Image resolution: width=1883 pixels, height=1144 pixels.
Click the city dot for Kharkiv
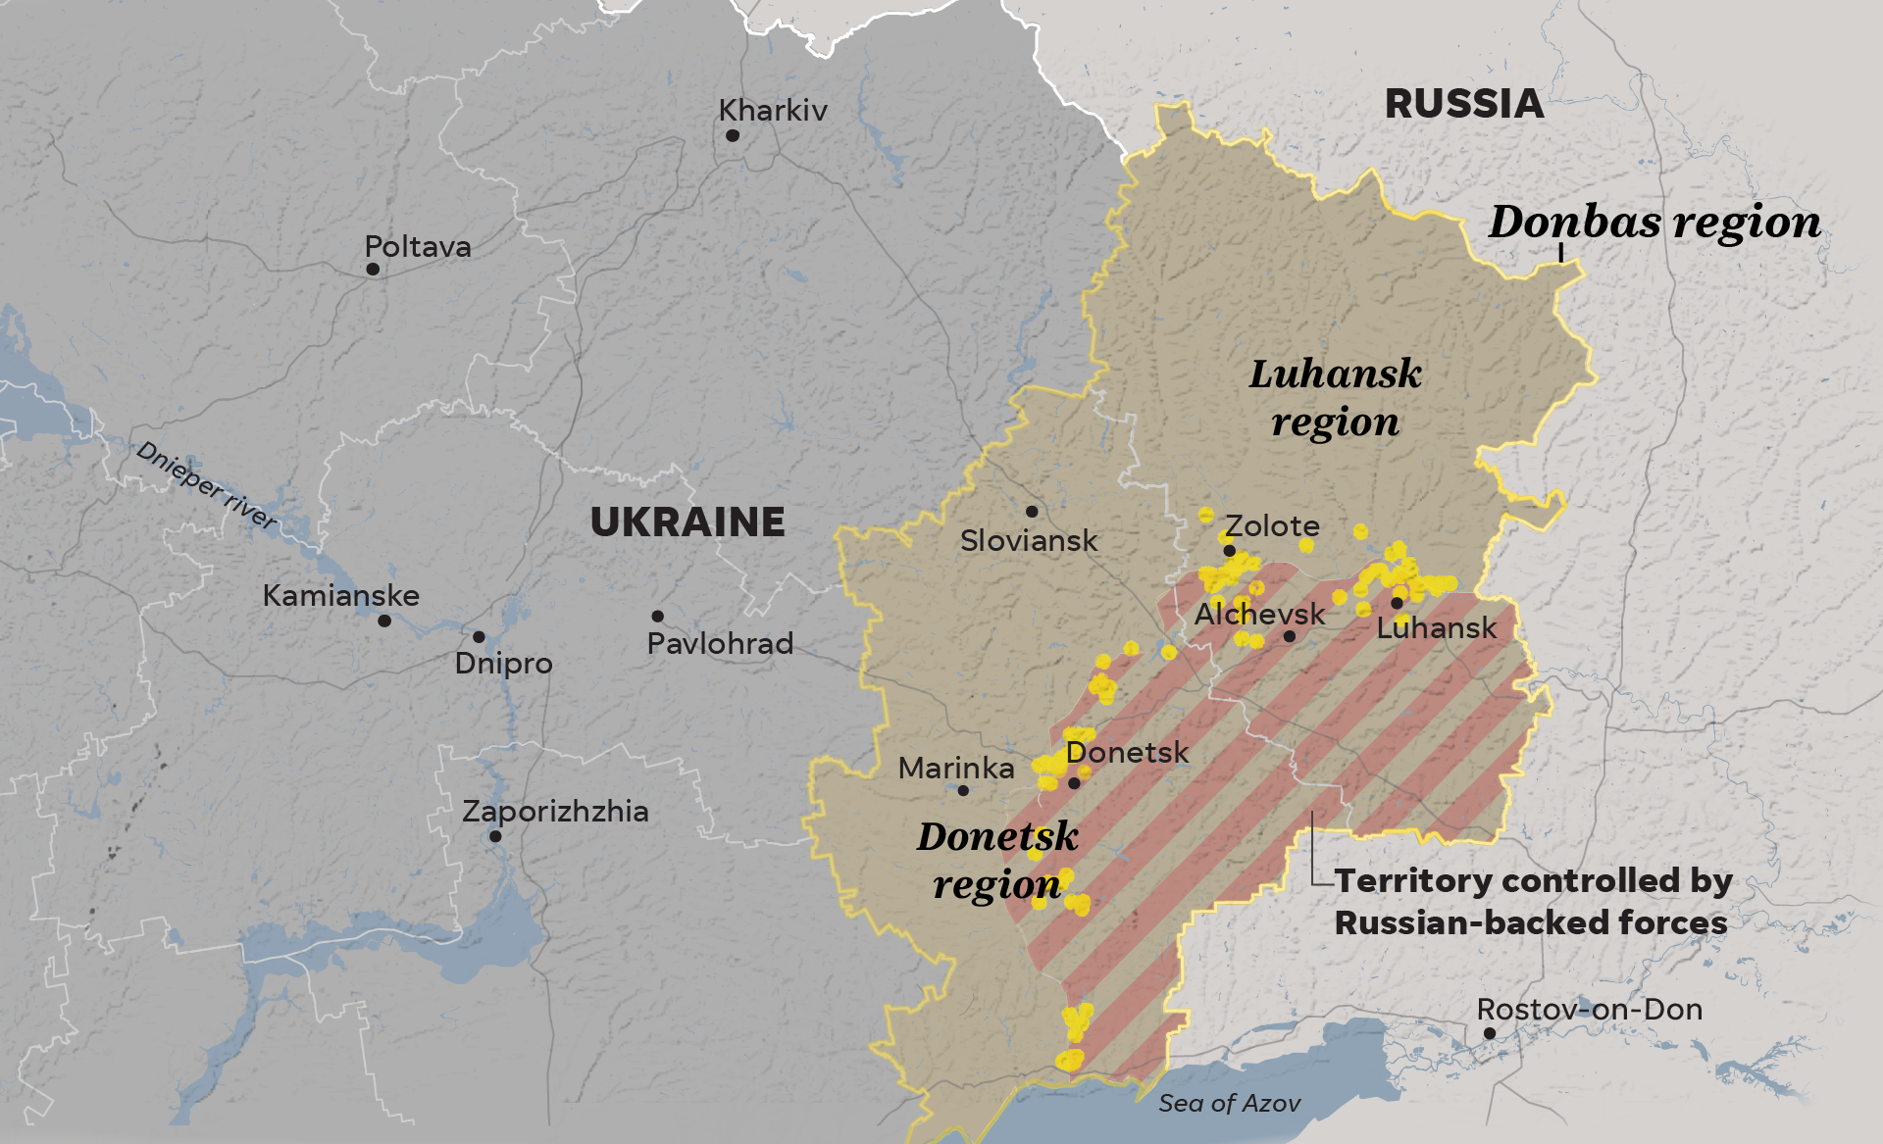tap(733, 135)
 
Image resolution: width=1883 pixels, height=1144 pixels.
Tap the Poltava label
tap(418, 246)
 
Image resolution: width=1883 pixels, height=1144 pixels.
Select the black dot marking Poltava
tap(373, 269)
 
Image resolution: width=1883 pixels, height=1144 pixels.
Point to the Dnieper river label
tap(207, 484)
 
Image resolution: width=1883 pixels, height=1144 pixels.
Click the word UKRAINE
tap(687, 522)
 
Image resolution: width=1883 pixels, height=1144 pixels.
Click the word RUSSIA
tap(1464, 104)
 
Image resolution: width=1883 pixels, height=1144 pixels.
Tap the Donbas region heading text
tap(1654, 223)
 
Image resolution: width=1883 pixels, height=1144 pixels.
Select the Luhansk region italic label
tap(1335, 398)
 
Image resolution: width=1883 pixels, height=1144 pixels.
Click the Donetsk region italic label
tap(997, 860)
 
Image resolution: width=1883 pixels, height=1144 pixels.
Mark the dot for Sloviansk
tap(1032, 512)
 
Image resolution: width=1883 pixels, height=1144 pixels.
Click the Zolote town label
tap(1272, 526)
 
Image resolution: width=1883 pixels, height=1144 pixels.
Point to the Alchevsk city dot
tap(1290, 636)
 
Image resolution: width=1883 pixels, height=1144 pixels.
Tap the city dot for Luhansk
tap(1397, 603)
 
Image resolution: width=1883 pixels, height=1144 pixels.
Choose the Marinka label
tap(956, 768)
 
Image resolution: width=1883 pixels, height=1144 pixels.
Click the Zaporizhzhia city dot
tap(495, 836)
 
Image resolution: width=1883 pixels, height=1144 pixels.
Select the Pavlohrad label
tap(720, 643)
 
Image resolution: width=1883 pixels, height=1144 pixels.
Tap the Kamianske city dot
tap(384, 621)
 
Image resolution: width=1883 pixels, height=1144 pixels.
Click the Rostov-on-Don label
tap(1589, 1009)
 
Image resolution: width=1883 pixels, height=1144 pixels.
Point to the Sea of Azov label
tap(1229, 1103)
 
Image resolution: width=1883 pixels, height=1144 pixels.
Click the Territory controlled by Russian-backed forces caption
tap(1532, 901)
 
